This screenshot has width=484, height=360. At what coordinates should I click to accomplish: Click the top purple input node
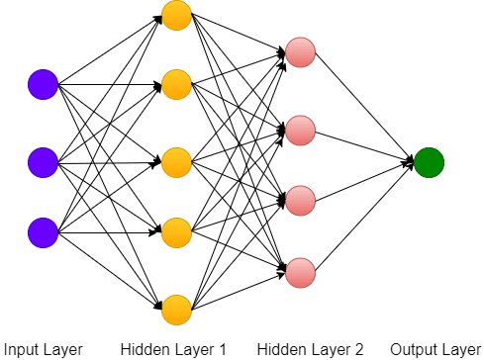pyautogui.click(x=43, y=85)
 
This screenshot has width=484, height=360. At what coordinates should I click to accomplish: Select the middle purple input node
pyautogui.click(x=43, y=159)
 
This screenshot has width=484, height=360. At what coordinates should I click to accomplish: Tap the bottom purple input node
pyautogui.click(x=43, y=232)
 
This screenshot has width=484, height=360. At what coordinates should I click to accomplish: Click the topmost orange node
pyautogui.click(x=176, y=15)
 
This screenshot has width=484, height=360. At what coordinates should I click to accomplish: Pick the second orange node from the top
pyautogui.click(x=176, y=85)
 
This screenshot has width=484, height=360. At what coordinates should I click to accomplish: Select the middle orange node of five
pyautogui.click(x=176, y=159)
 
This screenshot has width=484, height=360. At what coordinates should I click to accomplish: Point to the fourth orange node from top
pyautogui.click(x=176, y=232)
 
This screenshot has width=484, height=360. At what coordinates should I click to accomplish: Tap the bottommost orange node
pyautogui.click(x=176, y=308)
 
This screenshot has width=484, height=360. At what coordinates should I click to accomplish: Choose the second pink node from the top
pyautogui.click(x=300, y=129)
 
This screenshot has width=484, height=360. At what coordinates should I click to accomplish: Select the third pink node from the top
pyautogui.click(x=300, y=198)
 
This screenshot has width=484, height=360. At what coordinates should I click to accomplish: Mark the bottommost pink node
pyautogui.click(x=300, y=270)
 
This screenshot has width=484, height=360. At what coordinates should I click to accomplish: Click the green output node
pyautogui.click(x=429, y=161)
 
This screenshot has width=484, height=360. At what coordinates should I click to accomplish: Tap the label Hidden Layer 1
pyautogui.click(x=174, y=348)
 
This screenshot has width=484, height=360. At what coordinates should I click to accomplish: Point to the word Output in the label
pyautogui.click(x=413, y=348)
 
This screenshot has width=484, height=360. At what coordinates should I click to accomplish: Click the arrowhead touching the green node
pyautogui.click(x=409, y=161)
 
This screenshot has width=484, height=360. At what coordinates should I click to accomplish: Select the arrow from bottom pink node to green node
pyautogui.click(x=361, y=217)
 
